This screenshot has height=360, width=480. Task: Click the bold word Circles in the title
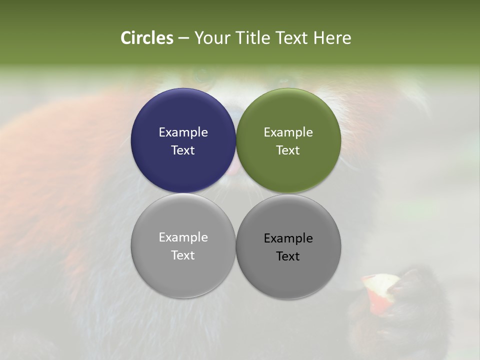(x=147, y=38)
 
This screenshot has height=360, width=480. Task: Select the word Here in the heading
(x=332, y=38)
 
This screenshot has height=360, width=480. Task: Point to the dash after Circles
(x=183, y=38)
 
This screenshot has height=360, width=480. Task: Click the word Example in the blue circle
(x=183, y=132)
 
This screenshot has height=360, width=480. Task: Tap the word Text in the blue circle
(x=183, y=150)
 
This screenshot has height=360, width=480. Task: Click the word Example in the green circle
(x=288, y=132)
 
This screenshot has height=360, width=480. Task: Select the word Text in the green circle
(x=288, y=150)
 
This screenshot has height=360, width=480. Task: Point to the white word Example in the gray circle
(x=183, y=237)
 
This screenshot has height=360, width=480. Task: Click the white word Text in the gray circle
(x=183, y=255)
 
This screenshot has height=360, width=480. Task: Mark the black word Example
(x=288, y=238)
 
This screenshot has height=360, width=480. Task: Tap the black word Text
(x=288, y=256)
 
